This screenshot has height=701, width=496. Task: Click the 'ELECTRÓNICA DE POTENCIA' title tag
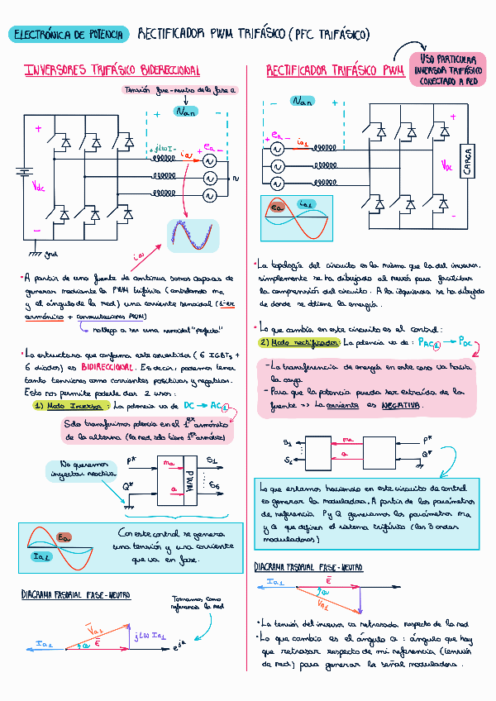point(68,34)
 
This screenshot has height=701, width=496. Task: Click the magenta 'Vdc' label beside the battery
point(39,187)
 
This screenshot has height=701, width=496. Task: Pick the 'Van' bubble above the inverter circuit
point(185,111)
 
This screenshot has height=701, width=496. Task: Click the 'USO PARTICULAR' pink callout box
point(448,70)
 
